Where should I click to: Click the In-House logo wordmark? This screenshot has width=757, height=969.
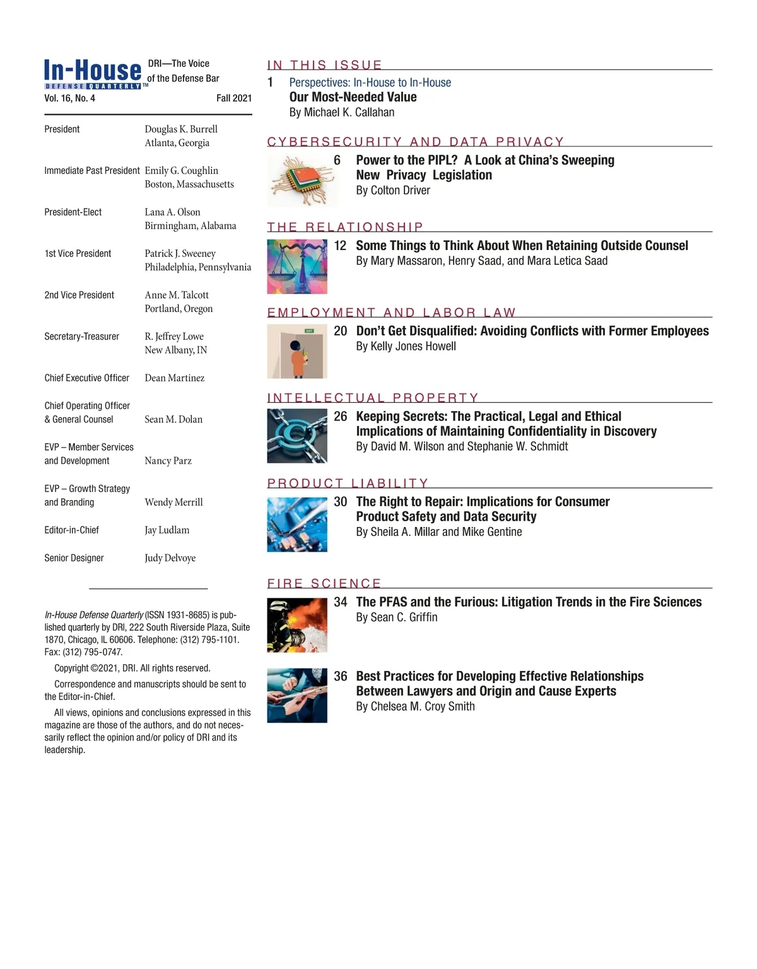(x=93, y=71)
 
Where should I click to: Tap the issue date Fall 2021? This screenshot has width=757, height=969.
(x=233, y=98)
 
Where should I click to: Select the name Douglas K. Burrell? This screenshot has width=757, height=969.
(x=181, y=129)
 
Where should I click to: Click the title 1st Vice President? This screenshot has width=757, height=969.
(x=78, y=254)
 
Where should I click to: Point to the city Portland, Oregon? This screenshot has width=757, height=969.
(x=179, y=309)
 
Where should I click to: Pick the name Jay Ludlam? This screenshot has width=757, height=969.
(x=167, y=530)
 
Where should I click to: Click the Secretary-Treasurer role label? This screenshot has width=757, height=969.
(x=81, y=336)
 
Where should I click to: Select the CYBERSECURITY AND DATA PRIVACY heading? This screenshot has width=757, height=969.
(x=415, y=141)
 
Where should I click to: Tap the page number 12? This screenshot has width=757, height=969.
(x=340, y=246)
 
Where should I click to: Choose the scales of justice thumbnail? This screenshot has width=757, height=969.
(x=297, y=266)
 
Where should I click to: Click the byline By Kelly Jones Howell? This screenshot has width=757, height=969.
(x=406, y=347)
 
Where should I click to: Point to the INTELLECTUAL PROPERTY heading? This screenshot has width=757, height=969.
(x=373, y=398)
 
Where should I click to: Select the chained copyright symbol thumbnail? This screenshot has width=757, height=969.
(x=297, y=436)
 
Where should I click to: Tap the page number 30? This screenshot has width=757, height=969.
(x=340, y=502)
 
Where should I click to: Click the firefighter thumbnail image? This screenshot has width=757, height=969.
(x=297, y=625)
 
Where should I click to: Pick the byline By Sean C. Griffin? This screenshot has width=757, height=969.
(x=396, y=617)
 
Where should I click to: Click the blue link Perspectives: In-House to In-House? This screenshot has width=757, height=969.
(x=370, y=83)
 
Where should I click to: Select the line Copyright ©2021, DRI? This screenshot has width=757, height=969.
(x=132, y=669)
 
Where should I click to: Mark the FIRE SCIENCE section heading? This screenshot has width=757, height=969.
(x=324, y=583)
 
